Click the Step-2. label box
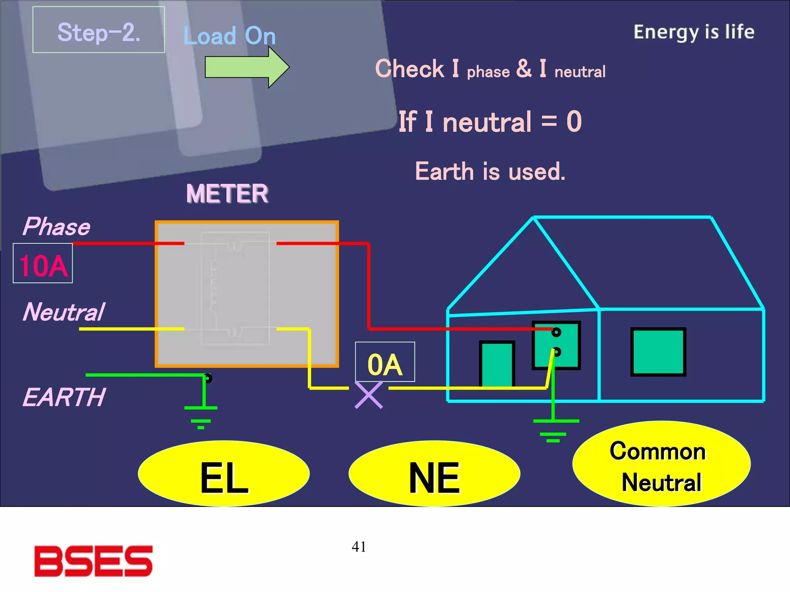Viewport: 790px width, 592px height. coord(98,30)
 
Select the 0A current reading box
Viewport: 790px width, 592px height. coord(385,362)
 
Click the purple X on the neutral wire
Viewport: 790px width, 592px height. coord(369,395)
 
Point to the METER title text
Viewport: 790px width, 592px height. coord(227,193)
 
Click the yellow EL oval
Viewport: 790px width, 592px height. coord(224,474)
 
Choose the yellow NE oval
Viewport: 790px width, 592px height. coord(434,474)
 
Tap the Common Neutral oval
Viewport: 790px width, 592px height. coord(661,464)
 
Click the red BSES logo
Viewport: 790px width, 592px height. coord(93,561)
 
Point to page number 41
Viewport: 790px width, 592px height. coord(359,547)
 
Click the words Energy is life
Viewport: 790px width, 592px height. coord(694,32)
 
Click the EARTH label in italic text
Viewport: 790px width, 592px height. coord(64,397)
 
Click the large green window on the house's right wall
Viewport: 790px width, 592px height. coord(658,351)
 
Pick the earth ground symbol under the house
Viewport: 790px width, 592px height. coord(555,430)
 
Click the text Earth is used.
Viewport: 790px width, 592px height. coord(490,172)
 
